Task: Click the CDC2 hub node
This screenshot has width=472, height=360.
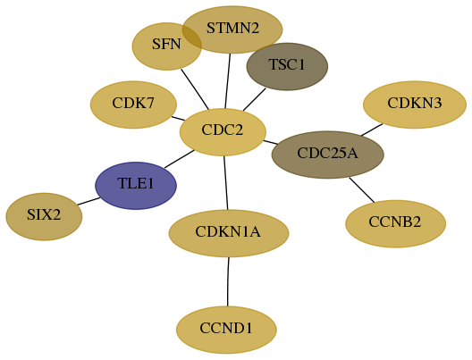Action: click(x=223, y=132)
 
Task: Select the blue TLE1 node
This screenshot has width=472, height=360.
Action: click(x=136, y=186)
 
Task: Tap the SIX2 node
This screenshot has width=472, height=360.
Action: click(x=44, y=216)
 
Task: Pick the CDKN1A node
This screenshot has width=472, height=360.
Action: click(x=229, y=233)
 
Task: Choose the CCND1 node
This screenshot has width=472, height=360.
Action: click(x=226, y=330)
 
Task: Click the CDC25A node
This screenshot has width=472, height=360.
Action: click(x=328, y=155)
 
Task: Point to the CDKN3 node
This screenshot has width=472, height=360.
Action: click(x=415, y=105)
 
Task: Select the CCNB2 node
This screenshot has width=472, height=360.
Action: click(x=395, y=223)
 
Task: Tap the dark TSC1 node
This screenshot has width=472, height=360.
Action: click(x=287, y=66)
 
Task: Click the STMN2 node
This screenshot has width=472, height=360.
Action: click(x=232, y=29)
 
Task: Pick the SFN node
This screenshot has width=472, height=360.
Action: click(x=167, y=46)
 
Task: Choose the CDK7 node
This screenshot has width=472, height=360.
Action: click(x=133, y=105)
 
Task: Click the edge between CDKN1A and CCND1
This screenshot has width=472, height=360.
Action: click(x=228, y=281)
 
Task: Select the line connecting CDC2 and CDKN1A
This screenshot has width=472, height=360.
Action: click(x=226, y=183)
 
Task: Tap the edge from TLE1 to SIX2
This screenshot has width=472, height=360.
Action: click(x=88, y=201)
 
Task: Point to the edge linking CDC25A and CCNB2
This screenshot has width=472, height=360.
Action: click(x=362, y=190)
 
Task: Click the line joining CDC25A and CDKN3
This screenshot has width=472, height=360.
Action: click(x=372, y=130)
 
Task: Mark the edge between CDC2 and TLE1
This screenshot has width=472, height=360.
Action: click(x=179, y=159)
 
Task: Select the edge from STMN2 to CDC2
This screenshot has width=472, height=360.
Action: click(x=228, y=81)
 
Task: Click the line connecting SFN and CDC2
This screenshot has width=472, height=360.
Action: click(x=195, y=89)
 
